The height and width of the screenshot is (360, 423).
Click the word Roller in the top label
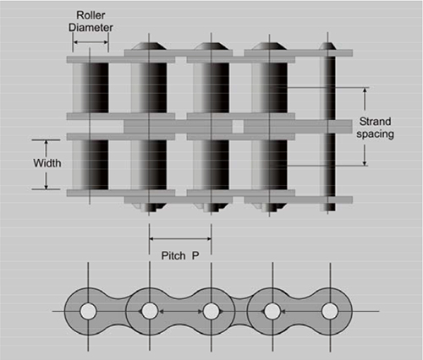(91, 15)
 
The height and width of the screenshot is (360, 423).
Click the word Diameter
(91, 27)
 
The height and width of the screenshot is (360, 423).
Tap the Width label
(47, 163)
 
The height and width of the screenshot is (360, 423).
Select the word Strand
(375, 122)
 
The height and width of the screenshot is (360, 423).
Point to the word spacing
(375, 134)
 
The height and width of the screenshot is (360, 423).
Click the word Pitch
(173, 256)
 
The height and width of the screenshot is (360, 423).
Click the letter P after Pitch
(195, 256)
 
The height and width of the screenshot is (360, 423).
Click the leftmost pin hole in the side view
(88, 312)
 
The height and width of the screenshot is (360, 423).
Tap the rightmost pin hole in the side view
(330, 312)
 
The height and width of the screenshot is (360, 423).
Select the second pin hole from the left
(150, 312)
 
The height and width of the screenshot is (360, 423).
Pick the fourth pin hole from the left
(272, 312)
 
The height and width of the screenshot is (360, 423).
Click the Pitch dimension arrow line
(180, 239)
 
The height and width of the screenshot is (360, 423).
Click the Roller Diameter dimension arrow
(91, 42)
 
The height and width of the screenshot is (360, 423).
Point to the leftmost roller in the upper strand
(91, 88)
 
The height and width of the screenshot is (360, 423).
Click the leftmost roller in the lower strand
(91, 165)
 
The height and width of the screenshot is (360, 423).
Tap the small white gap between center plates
(238, 127)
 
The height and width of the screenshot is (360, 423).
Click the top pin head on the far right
(327, 46)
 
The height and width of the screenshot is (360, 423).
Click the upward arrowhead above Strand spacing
(365, 90)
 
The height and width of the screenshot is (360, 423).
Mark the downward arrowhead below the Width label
(47, 186)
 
